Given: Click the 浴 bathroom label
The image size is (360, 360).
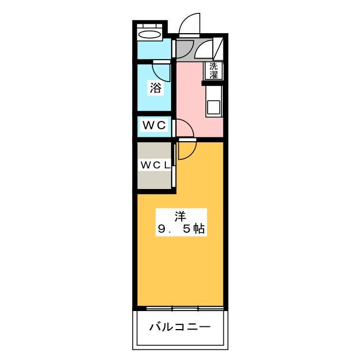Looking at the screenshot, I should pyautogui.click(x=155, y=88).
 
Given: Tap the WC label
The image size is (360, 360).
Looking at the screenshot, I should pyautogui.click(x=154, y=125).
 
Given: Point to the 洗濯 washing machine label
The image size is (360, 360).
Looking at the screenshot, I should pyautogui.click(x=214, y=70).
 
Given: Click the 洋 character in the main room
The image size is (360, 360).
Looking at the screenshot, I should pyautogui.click(x=180, y=215).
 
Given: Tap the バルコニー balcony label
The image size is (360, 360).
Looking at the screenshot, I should pyautogui.click(x=180, y=327).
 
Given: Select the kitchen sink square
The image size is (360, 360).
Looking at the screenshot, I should pyautogui.click(x=214, y=106).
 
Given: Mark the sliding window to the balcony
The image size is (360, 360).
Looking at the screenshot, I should pyautogui.click(x=180, y=308).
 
